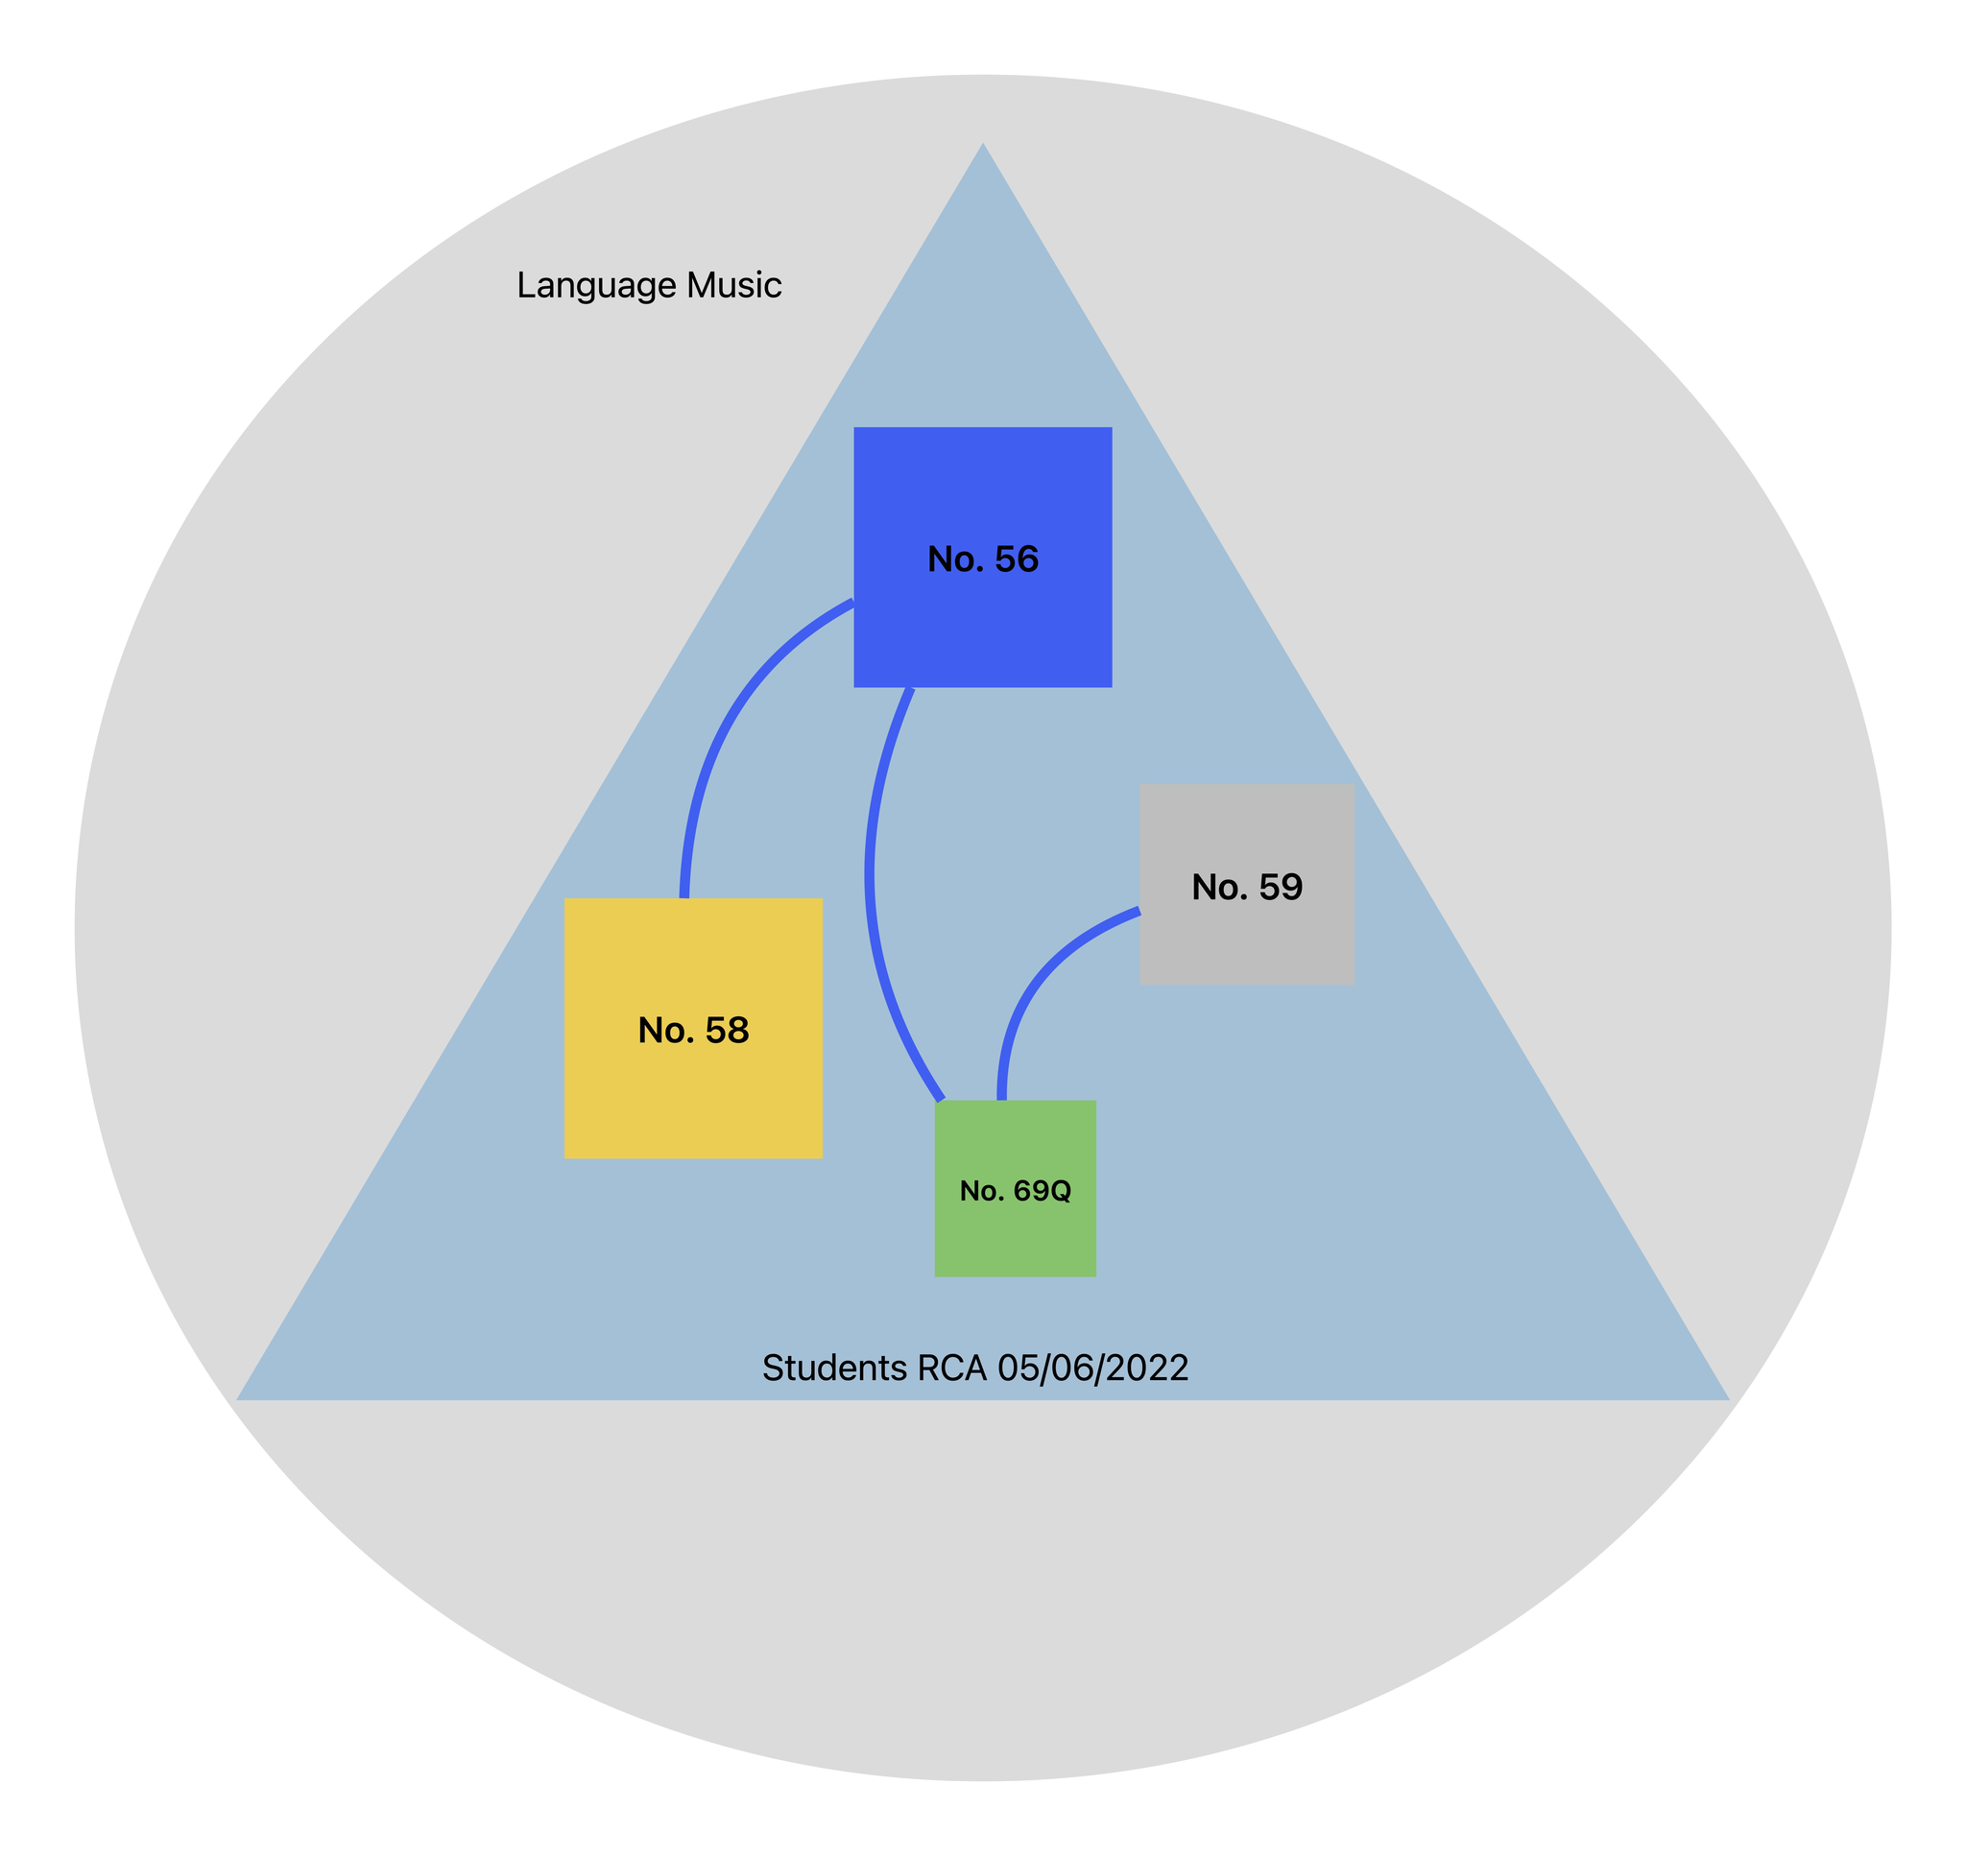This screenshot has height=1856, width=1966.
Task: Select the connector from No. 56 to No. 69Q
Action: click(870, 870)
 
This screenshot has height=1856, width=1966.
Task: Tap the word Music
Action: click(734, 286)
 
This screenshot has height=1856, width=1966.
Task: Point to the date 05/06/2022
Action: click(1092, 1368)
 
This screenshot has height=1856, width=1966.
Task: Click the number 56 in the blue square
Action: click(1017, 559)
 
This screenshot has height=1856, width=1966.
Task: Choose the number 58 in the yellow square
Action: click(727, 1031)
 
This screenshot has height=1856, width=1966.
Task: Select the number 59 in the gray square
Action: click(1281, 888)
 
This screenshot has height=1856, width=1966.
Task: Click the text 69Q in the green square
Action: click(1043, 1191)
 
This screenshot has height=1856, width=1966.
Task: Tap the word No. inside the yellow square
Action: click(665, 1031)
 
